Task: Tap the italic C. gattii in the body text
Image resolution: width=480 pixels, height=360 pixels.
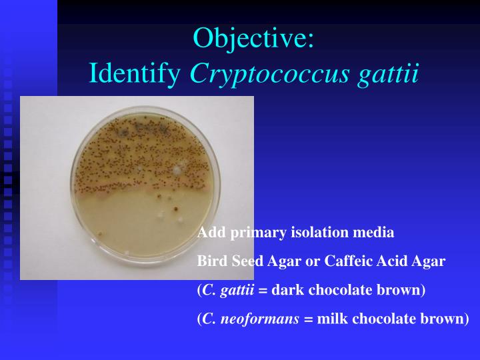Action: point(224,291)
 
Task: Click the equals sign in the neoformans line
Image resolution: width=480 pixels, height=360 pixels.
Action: point(309,319)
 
